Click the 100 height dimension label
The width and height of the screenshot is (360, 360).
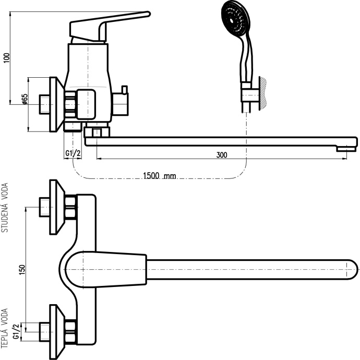7,58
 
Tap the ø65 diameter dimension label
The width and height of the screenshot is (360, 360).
25,99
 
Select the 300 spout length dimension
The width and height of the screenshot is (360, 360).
222,155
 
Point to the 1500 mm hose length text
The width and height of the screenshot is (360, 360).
160,176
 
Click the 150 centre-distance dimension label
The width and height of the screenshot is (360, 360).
22,270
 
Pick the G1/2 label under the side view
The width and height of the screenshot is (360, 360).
73,153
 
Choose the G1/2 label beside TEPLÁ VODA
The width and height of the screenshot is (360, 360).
16,331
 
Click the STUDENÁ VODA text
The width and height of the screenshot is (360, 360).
5,208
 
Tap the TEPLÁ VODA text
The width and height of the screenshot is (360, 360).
5,328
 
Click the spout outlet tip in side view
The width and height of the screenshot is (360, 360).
346,149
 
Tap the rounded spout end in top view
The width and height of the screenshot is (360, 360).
351,270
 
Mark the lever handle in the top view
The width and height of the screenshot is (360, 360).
105,270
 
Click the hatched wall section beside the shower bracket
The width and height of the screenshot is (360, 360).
263,93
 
